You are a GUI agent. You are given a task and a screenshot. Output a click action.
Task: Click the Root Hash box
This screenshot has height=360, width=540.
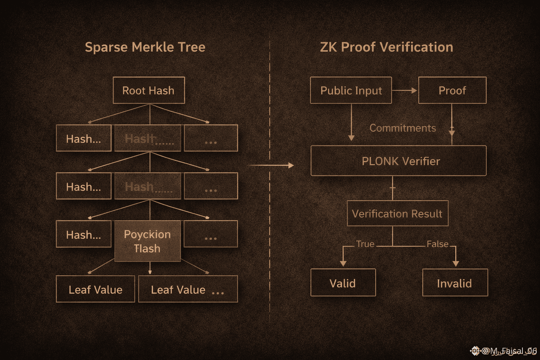[149, 90]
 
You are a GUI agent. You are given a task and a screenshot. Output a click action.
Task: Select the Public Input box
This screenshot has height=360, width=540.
[351, 90]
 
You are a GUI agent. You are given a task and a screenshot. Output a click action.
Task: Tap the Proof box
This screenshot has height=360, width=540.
[452, 90]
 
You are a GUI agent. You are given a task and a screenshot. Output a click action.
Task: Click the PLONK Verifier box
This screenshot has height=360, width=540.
[399, 161]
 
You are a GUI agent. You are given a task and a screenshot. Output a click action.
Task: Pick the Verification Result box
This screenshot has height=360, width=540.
[397, 213]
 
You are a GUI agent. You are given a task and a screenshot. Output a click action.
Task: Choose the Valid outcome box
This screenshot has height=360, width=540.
[343, 283]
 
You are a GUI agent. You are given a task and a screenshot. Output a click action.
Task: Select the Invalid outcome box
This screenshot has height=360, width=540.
[455, 283]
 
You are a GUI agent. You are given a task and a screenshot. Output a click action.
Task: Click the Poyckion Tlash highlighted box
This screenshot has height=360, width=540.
[148, 241]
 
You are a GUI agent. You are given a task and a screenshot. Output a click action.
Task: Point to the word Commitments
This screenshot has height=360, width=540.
[403, 128]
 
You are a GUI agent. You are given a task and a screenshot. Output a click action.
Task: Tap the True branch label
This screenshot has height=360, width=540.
[365, 244]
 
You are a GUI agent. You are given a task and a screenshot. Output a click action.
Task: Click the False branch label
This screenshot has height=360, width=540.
[437, 244]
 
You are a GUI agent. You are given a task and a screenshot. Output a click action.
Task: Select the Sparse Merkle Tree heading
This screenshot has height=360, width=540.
[145, 47]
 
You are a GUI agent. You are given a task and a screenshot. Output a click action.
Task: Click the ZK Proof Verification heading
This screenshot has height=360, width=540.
[386, 47]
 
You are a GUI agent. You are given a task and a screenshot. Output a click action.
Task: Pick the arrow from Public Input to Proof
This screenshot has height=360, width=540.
[405, 90]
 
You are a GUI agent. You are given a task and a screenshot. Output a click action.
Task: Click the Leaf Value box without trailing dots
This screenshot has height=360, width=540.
[95, 289]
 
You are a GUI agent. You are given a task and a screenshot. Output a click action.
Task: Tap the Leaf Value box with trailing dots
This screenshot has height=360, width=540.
[188, 289]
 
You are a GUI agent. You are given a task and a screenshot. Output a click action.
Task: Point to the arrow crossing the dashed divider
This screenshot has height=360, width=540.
[271, 165]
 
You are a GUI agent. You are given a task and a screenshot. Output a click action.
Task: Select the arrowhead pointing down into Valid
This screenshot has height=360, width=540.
[343, 263]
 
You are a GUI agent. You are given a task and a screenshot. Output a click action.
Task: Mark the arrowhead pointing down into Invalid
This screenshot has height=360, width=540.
[456, 263]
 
